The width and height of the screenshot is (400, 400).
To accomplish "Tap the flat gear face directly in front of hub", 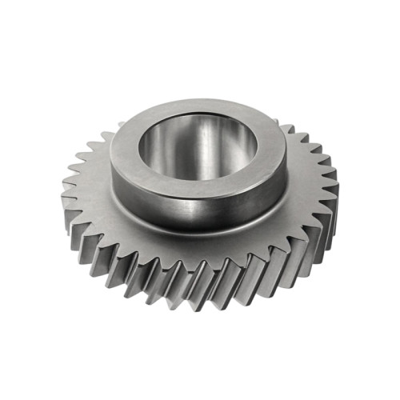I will coord(200,248).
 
